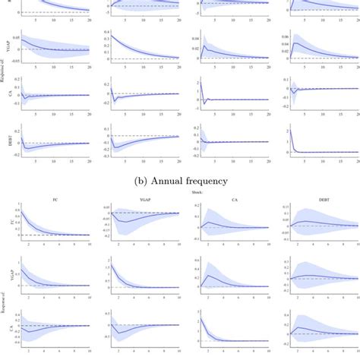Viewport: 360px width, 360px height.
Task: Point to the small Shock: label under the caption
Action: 180,193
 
